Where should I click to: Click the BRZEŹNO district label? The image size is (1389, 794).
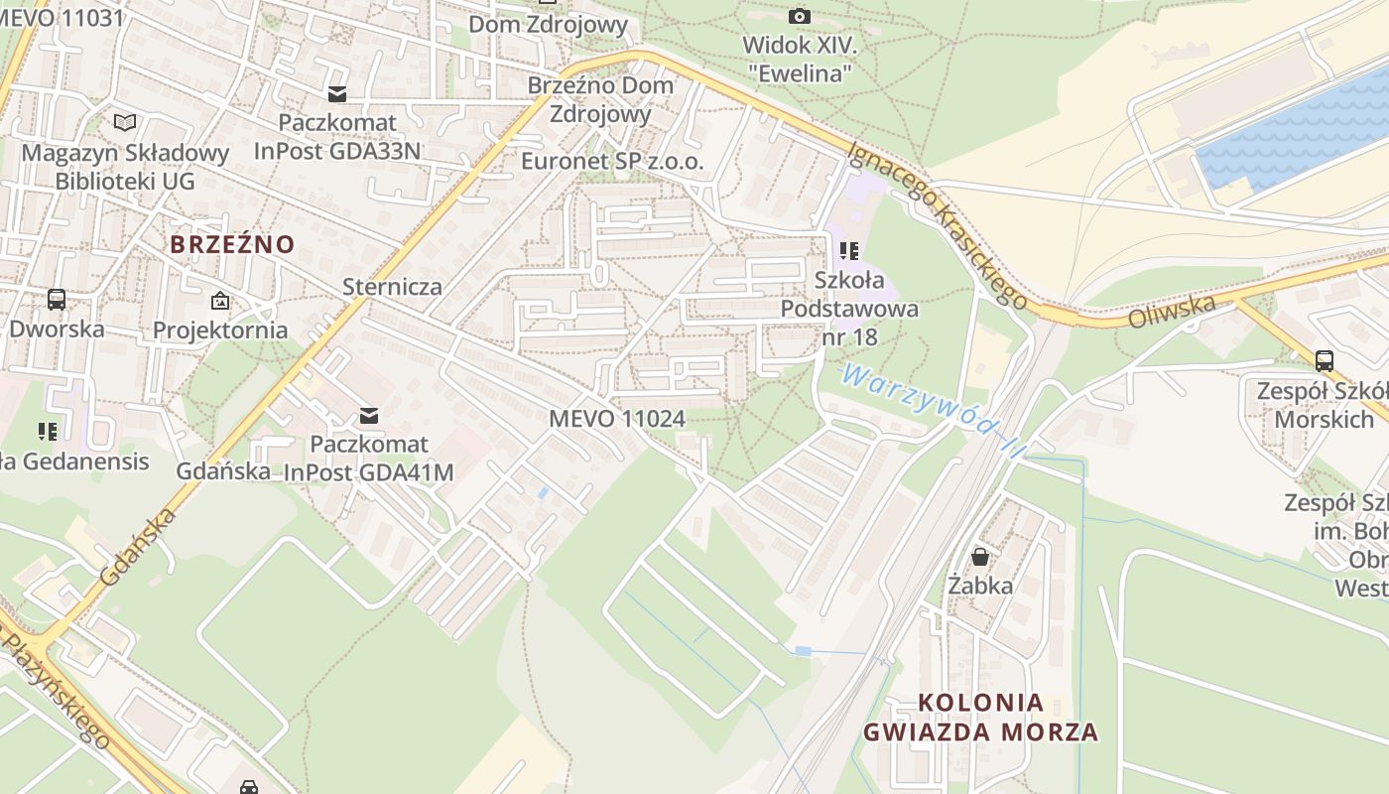pos(232,244)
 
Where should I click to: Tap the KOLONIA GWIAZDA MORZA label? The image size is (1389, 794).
pos(980,718)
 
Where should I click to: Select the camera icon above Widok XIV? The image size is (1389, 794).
pos(799,16)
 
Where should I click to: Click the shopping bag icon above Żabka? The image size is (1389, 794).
pos(980,556)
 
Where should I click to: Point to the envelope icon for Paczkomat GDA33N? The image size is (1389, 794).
pos(337,93)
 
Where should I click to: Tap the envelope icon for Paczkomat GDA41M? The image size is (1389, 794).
pos(369,415)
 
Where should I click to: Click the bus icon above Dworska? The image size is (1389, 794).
pos(57,299)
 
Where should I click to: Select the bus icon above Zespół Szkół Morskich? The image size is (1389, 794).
pos(1324,360)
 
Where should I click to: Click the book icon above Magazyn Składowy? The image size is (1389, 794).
pos(125,123)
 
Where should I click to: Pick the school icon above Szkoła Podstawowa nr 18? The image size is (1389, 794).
pos(849,250)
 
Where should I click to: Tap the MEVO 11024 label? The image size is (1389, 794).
pos(617,419)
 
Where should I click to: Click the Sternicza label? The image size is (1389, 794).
pos(392,287)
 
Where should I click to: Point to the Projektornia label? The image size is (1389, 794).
pos(220,330)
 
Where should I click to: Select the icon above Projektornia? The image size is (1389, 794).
pos(219,300)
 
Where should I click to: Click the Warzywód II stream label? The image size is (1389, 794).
pos(930,408)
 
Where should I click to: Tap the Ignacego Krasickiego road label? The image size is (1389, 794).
pos(937,222)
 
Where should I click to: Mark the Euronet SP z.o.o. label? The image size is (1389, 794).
pos(612,161)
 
